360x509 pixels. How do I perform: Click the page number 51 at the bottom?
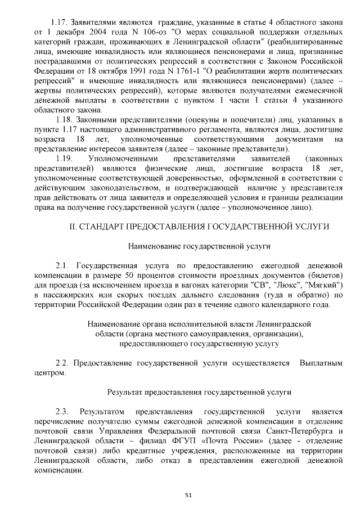point(188,495)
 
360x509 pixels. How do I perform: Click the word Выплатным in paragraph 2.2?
point(321,363)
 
